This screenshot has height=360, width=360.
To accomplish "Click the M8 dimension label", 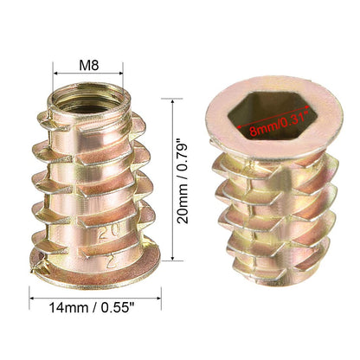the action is [89, 66].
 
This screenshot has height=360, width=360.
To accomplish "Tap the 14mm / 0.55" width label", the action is [92, 307].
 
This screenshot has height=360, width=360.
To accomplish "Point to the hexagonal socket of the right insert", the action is [273, 116].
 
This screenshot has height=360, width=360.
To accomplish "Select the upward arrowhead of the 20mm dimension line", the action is [172, 102].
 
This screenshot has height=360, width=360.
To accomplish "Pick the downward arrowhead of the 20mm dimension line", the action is [172, 258].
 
